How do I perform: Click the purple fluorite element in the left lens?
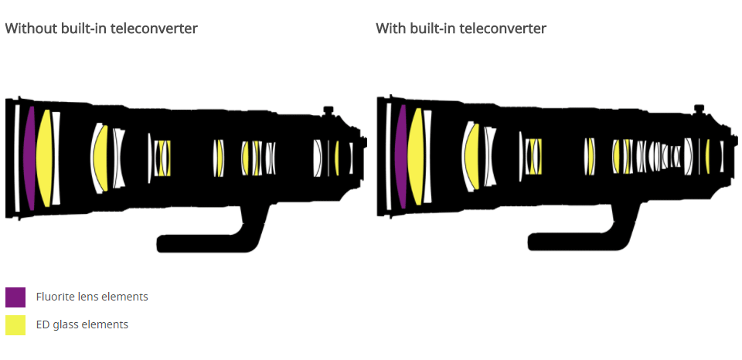point(29,158)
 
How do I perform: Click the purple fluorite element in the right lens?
point(400,158)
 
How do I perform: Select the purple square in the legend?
point(15,297)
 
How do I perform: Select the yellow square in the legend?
point(15,325)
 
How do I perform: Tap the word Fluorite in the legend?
point(56,297)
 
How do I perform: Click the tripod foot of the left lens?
point(209,241)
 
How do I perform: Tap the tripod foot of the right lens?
point(580,241)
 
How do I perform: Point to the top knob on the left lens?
point(328,110)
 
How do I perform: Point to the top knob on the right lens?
point(699,110)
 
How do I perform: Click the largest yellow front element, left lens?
point(45,158)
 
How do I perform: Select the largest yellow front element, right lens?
point(417,158)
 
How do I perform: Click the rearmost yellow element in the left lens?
point(337,158)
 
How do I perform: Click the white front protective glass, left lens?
point(17,158)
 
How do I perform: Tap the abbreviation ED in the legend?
point(43,324)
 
